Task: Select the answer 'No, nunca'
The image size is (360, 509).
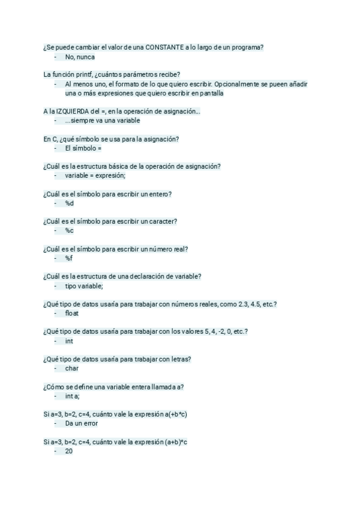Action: pos(80,57)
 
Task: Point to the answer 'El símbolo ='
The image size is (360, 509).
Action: pos(83,148)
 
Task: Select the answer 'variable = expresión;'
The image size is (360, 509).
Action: pos(95,176)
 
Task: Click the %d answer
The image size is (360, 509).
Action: pos(70,203)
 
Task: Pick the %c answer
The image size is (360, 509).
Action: pos(70,230)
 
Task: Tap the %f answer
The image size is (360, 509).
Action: pos(69,258)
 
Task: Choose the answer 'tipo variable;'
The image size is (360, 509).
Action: pos(84,286)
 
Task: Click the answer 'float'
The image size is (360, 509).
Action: pos(72,313)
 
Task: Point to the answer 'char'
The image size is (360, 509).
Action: pos(71,369)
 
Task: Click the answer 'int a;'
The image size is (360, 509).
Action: pos(72,396)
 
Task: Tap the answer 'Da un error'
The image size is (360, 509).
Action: pos(82,423)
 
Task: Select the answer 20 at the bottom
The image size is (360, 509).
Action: pos(69,451)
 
